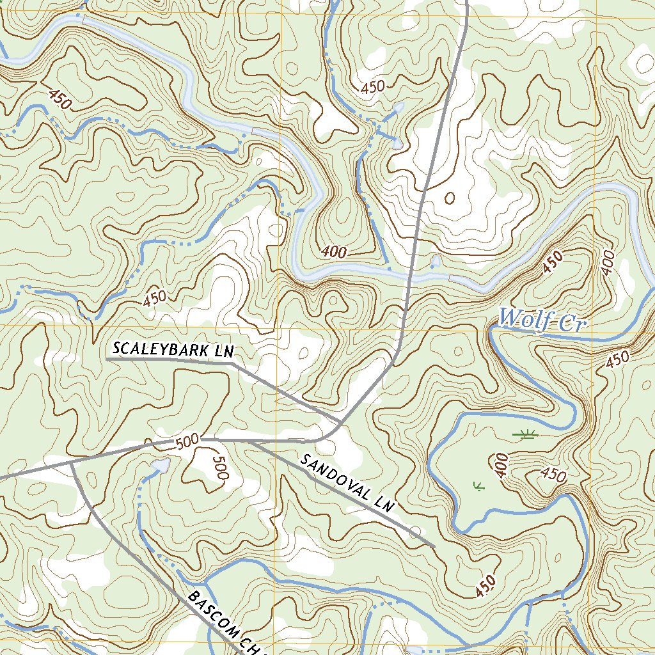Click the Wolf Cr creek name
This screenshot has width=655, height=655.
point(542,320)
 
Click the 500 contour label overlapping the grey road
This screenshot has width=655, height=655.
point(187,441)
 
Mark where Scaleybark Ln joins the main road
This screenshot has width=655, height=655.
point(340,422)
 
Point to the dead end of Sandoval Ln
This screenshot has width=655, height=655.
point(434,546)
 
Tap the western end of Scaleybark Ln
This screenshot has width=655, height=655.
point(107,359)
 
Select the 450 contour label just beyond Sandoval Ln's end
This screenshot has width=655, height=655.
point(485,587)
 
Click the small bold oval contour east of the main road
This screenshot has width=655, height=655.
point(449,198)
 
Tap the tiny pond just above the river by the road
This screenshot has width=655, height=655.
point(436,261)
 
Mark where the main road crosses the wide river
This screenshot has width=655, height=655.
point(410,275)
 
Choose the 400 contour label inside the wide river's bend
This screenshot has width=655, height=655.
point(335,253)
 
